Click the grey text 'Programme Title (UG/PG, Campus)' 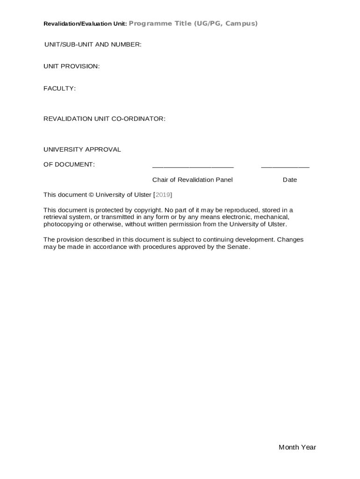(193, 23)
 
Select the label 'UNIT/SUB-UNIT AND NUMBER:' (93, 44)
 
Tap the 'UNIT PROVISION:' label (72, 66)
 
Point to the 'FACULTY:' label (59, 88)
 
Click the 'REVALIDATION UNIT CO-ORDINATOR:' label (104, 119)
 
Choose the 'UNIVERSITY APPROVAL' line (82, 150)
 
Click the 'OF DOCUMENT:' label (69, 165)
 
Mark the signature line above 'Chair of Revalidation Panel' (193, 167)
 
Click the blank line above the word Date (285, 167)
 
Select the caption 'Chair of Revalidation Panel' (192, 180)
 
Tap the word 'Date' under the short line (289, 180)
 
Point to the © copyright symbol (91, 195)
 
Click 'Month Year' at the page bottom (297, 447)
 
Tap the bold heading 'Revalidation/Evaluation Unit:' (85, 24)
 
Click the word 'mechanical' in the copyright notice (272, 217)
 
